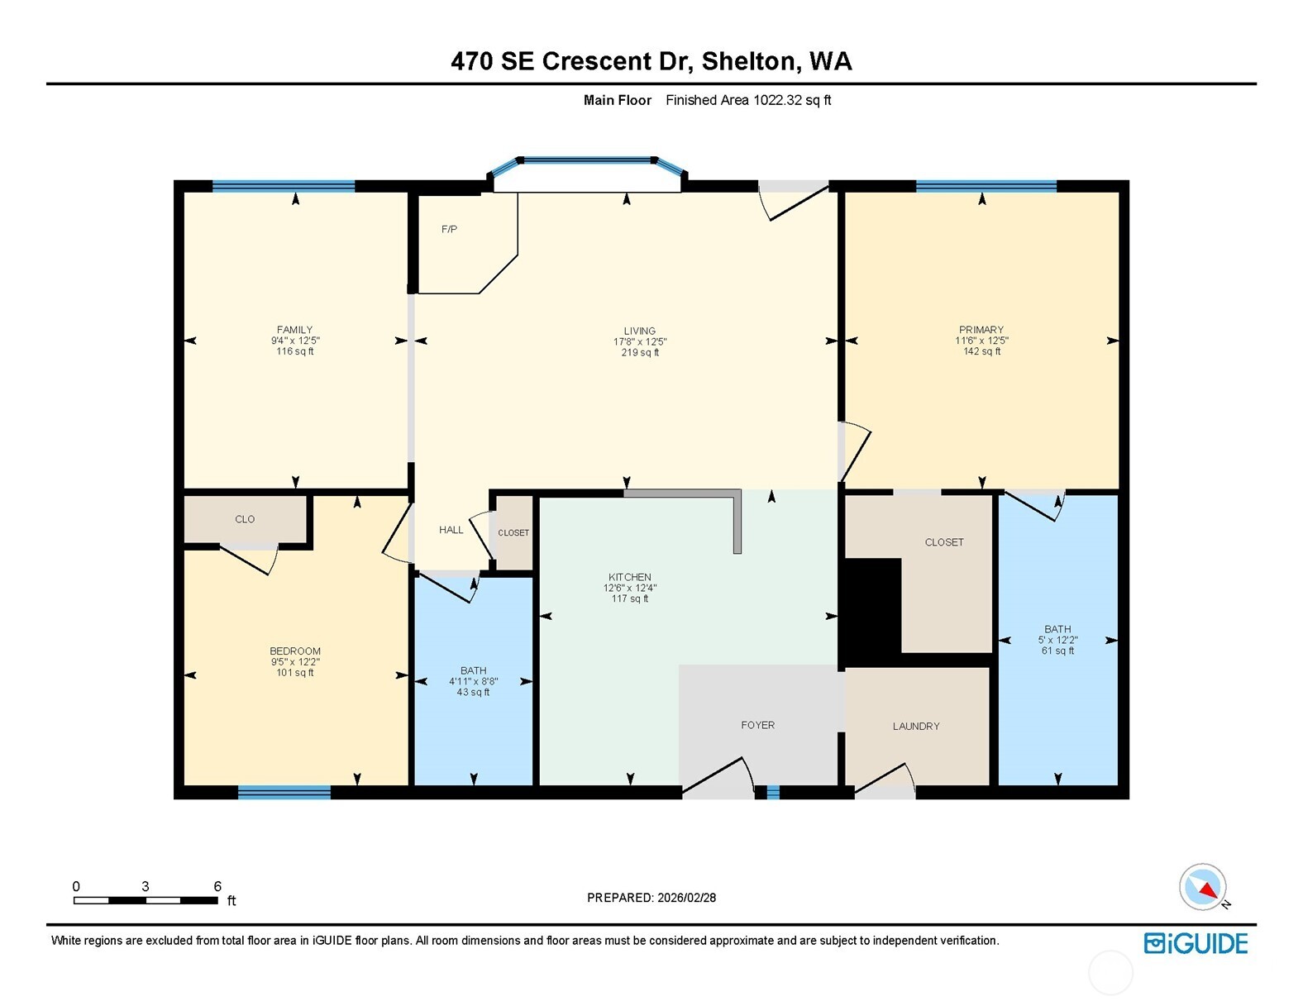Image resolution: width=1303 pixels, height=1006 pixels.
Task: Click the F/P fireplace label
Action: pos(449,229)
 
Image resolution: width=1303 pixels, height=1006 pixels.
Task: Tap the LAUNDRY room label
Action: pos(916,726)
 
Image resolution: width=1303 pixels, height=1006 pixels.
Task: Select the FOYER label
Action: pos(757,725)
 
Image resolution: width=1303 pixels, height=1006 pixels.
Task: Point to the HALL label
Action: pos(451,530)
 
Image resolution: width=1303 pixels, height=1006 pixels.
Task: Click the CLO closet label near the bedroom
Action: pos(245,519)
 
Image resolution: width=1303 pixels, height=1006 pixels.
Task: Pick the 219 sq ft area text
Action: pos(640,352)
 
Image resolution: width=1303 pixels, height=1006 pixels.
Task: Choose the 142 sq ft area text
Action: pos(982,351)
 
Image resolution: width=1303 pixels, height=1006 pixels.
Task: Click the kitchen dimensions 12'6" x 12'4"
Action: pos(630,588)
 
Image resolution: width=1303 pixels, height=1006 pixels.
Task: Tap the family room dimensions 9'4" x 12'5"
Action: pos(295,341)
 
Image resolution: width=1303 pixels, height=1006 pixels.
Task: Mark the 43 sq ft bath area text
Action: pos(473,692)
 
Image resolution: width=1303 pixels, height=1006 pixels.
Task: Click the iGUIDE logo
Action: pos(1196,943)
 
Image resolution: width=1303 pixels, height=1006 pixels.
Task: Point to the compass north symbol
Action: pos(1203,887)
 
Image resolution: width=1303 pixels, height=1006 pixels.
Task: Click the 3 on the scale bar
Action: pos(146,886)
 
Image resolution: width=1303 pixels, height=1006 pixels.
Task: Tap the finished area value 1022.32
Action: pos(777,100)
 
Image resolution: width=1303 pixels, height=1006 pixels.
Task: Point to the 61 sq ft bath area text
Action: pos(1057,651)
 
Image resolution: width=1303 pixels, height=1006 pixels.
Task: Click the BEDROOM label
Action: pos(295,651)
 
